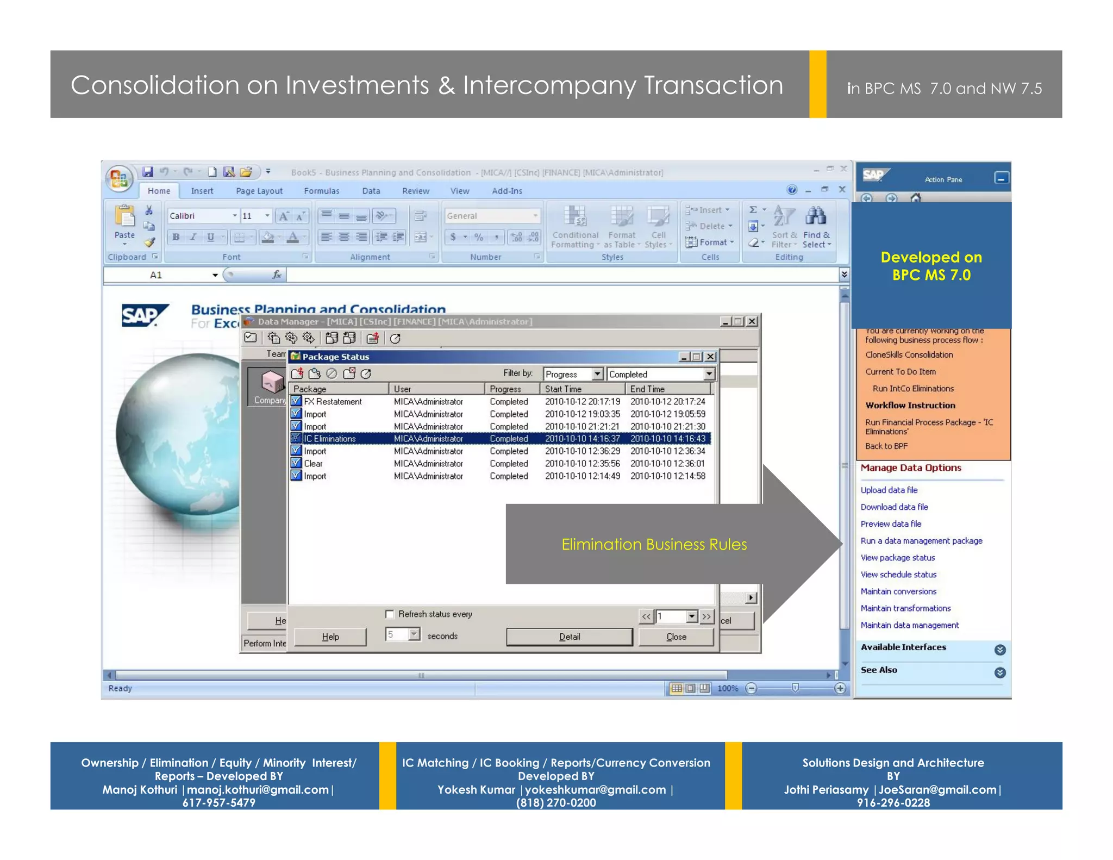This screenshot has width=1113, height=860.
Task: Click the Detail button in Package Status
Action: (569, 637)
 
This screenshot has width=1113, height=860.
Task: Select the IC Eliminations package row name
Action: (329, 439)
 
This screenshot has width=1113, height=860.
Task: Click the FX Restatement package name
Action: (333, 402)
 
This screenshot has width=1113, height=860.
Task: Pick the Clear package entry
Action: (313, 464)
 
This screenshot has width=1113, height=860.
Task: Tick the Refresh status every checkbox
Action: (390, 614)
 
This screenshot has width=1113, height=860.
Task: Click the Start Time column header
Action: (563, 389)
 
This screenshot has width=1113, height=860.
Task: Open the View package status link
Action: (897, 558)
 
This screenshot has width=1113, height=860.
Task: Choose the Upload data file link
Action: (889, 490)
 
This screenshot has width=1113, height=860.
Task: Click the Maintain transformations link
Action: (905, 608)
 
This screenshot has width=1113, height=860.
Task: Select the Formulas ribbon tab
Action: (321, 191)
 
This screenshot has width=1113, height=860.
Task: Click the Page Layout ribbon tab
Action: (259, 191)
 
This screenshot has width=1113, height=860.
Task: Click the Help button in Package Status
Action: (330, 637)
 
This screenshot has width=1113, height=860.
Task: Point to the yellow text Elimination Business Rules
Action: (654, 544)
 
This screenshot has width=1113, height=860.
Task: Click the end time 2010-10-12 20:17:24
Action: (667, 402)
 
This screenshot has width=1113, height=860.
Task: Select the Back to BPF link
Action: (886, 446)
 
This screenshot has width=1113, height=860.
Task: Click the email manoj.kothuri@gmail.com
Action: (258, 790)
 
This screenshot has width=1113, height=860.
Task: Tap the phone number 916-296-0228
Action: (893, 803)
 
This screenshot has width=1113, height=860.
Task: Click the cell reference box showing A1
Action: (156, 275)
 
